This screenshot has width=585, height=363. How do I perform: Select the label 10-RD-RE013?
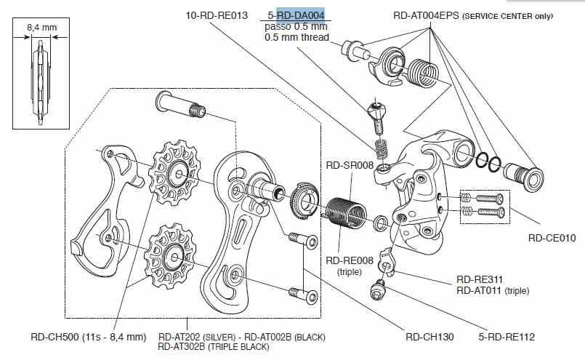217,14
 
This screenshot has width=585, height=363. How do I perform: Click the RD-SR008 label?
350,166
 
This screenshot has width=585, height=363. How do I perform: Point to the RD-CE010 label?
552,238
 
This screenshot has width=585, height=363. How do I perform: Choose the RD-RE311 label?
480,279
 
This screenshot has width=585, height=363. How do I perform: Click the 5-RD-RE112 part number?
507,337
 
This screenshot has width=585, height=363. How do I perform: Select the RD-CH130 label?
429,337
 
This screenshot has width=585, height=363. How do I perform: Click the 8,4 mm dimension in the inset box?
41,27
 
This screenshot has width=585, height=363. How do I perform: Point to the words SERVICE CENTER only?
508,15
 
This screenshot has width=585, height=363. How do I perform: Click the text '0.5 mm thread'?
296,37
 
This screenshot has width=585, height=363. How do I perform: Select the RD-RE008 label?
350,260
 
